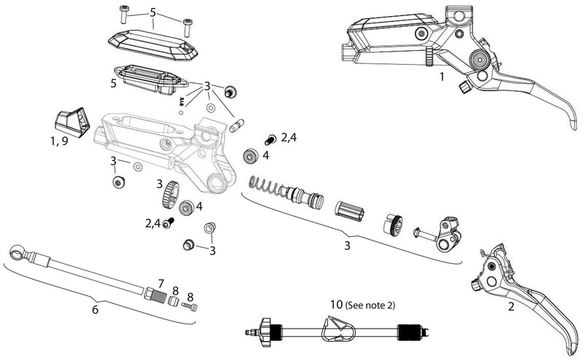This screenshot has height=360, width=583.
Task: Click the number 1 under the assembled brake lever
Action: (441, 76)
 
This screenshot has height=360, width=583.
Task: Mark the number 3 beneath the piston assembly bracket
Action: (348, 246)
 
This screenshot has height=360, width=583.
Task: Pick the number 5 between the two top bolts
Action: (152, 12)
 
